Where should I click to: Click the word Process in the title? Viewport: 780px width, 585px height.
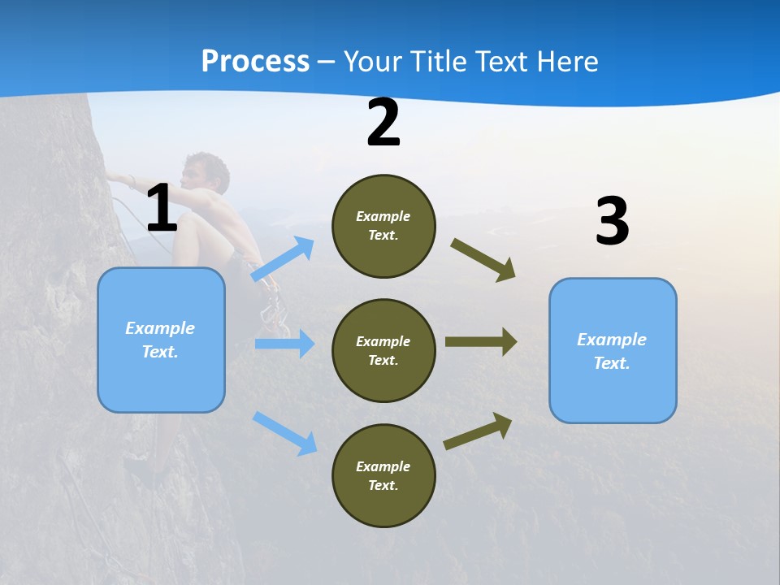255,61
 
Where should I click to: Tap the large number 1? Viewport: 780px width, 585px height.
162,209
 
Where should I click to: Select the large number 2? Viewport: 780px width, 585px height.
383,123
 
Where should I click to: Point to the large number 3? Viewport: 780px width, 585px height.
612,222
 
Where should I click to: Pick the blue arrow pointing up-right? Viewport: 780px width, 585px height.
283,259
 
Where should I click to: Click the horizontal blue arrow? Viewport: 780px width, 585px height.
284,344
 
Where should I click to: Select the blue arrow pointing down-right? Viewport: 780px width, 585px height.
284,432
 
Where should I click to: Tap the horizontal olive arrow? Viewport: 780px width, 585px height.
481,342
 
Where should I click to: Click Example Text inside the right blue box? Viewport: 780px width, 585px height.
612,351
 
